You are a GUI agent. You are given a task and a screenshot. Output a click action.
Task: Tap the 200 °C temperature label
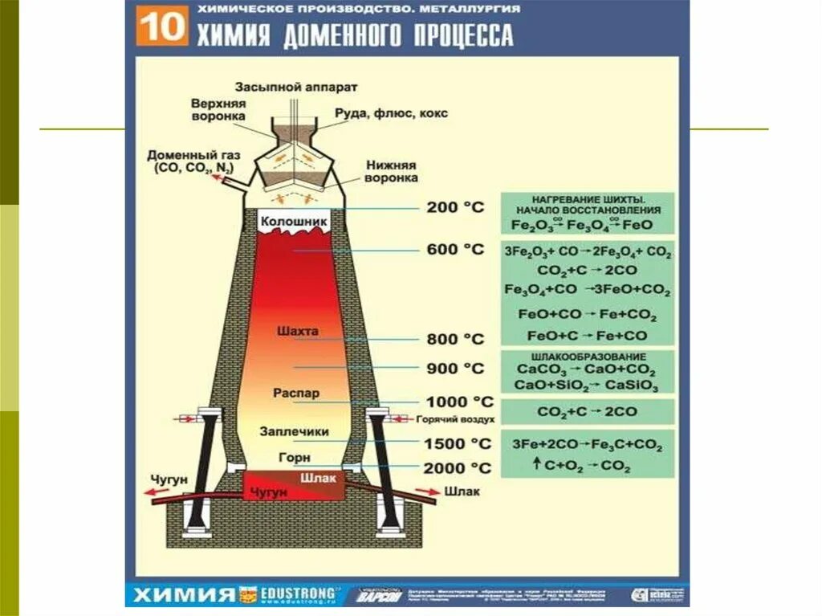click(x=455, y=207)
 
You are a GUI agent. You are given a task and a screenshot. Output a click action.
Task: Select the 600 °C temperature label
click(x=455, y=249)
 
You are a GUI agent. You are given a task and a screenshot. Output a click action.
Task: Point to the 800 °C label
click(x=455, y=339)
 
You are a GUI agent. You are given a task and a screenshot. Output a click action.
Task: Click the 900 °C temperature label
click(x=455, y=369)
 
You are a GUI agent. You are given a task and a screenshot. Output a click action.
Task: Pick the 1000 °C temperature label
click(x=459, y=402)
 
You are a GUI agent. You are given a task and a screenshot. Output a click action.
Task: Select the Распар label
click(x=295, y=394)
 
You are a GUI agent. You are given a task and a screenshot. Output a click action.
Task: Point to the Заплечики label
click(x=295, y=431)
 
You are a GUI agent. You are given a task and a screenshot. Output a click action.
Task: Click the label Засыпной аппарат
click(x=296, y=86)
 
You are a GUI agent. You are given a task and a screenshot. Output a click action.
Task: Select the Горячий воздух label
click(x=456, y=419)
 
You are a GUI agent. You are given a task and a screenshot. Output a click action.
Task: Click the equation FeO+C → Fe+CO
click(x=588, y=336)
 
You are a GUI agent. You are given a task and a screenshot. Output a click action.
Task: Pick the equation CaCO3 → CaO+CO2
click(x=586, y=371)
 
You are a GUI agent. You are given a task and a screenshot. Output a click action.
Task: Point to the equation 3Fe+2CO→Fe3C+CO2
click(x=587, y=443)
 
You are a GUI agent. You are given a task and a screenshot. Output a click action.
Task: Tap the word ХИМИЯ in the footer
click(x=183, y=595)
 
